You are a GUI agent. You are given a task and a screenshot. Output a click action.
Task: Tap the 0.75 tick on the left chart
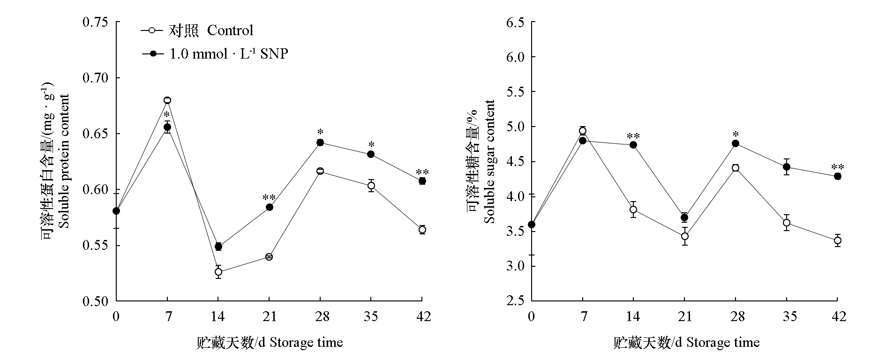click(x=95, y=22)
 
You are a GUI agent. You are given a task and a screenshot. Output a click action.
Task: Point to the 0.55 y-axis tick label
click(x=95, y=246)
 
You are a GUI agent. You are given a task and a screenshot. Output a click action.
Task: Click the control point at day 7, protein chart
click(x=167, y=100)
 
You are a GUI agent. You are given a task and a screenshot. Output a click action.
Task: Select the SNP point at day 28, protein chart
click(x=320, y=142)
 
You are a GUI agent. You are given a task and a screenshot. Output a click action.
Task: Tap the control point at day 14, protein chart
click(x=218, y=272)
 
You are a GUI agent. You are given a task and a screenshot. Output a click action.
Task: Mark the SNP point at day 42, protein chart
click(x=422, y=181)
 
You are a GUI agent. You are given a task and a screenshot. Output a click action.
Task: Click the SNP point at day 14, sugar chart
click(x=633, y=145)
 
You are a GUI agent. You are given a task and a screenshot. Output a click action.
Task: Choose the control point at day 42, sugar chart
click(x=838, y=240)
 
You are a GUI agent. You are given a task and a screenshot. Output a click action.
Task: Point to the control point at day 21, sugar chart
click(x=685, y=236)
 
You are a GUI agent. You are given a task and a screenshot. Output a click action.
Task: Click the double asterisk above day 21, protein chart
click(x=269, y=197)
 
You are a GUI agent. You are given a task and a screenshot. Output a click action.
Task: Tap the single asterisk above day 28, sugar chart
click(x=736, y=134)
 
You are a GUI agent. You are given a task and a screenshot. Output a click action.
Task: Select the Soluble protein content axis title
click(x=64, y=161)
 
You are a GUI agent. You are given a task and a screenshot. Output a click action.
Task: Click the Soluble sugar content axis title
click(x=489, y=162)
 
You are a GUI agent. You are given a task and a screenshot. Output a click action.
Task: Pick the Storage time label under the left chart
click(x=270, y=343)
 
